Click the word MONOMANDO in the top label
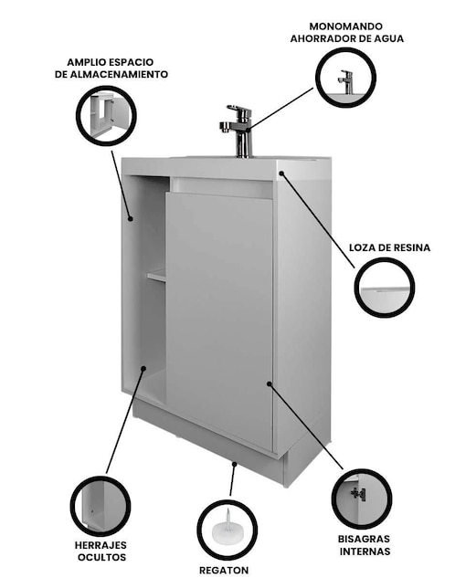(346, 26)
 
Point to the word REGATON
(224, 571)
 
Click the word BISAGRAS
(364, 539)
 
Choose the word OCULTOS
(101, 557)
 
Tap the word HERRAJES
(101, 545)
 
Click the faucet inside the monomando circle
(346, 81)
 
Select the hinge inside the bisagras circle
(358, 494)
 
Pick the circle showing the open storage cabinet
(106, 115)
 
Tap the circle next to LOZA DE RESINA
(385, 288)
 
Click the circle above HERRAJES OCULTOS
(101, 506)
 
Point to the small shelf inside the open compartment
(156, 276)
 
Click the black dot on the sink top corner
(281, 173)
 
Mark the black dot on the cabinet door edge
(269, 383)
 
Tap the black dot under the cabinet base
(235, 464)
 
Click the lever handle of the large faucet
(238, 110)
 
